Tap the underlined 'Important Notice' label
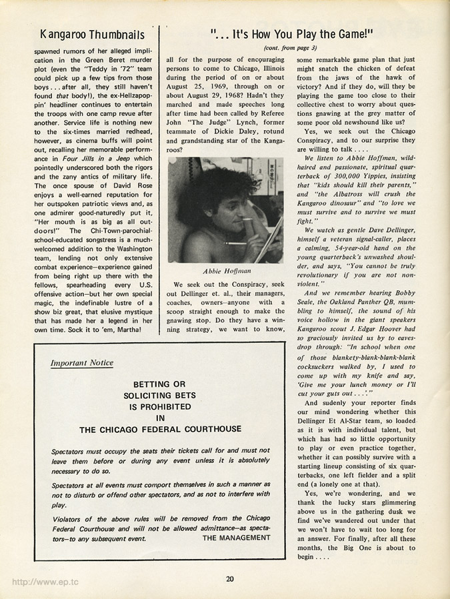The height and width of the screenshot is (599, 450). (82, 363)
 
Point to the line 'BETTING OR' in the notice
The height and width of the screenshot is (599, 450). (159, 385)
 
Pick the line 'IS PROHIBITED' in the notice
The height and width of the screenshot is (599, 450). (159, 407)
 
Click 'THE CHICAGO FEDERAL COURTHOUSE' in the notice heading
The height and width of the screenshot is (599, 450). (160, 430)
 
